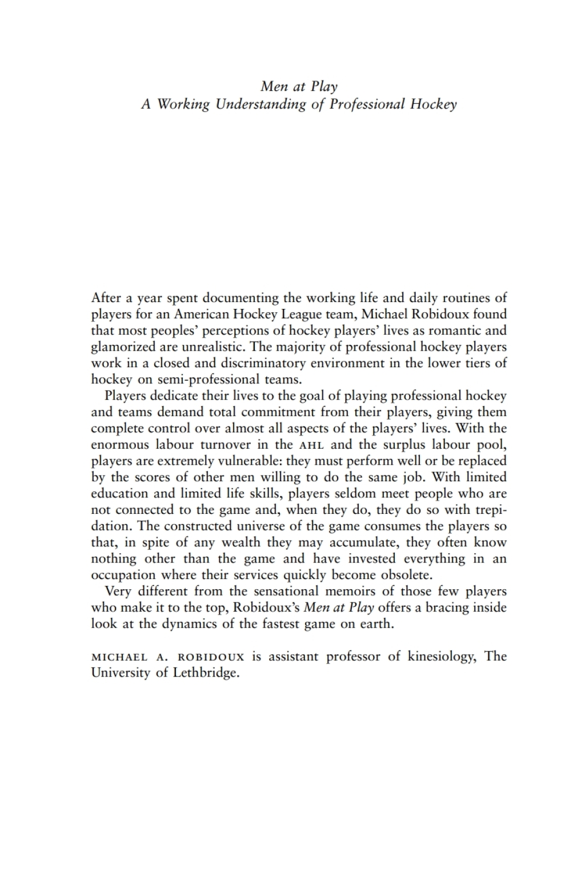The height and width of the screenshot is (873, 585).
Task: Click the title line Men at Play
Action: (x=299, y=87)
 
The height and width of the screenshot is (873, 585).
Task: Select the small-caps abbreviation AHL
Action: (x=311, y=445)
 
